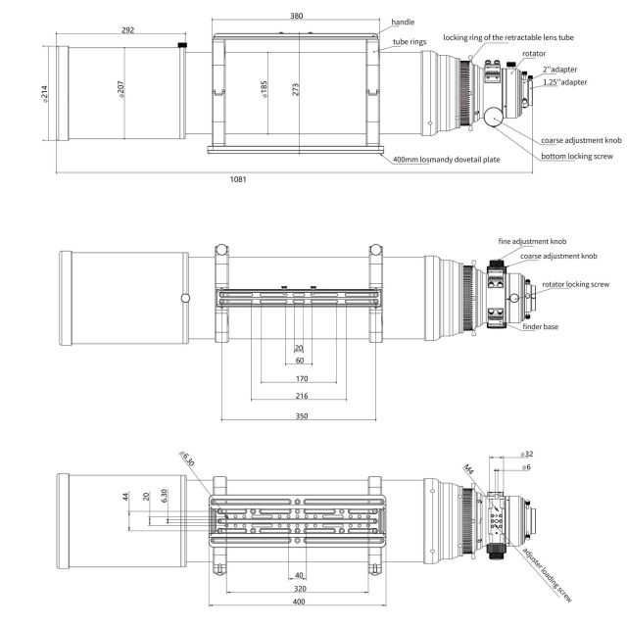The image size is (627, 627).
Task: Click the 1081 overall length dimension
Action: (x=238, y=179)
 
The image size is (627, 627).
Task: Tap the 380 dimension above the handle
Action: (x=296, y=16)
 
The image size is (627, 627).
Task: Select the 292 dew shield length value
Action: (x=127, y=30)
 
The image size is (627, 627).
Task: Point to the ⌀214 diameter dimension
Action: (x=45, y=94)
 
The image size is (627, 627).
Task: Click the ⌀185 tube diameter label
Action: (x=264, y=89)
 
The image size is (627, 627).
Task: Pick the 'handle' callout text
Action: (x=403, y=22)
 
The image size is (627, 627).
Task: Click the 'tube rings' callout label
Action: (x=410, y=42)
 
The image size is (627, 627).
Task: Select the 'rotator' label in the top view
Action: (x=534, y=54)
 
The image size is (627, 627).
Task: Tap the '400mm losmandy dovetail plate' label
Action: (x=447, y=160)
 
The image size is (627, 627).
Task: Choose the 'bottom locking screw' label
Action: (x=577, y=157)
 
